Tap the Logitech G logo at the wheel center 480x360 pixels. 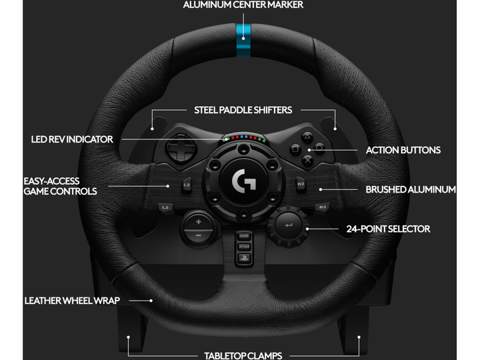[x=241, y=181]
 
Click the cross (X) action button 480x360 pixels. [x=307, y=159]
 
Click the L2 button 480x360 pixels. [x=187, y=185]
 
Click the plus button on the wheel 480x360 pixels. [x=198, y=221]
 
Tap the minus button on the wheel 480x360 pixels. [x=198, y=235]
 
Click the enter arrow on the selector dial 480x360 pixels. [x=288, y=226]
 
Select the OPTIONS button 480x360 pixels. [x=243, y=247]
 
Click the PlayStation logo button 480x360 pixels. [x=243, y=257]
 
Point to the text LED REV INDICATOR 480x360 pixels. [x=72, y=140]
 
